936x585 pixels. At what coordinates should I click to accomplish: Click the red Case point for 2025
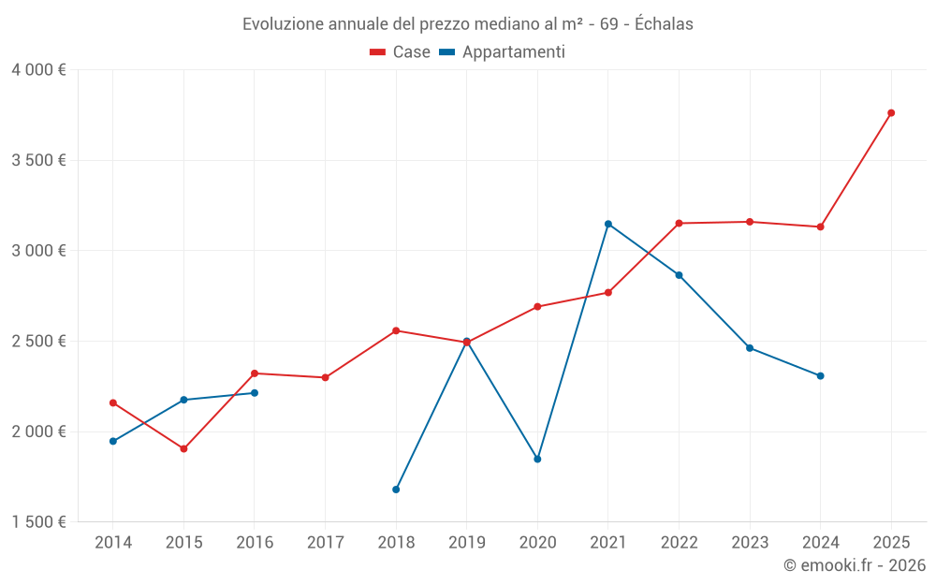coord(891,113)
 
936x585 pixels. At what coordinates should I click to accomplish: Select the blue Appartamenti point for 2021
coord(608,224)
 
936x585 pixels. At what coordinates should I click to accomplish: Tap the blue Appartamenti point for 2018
coord(396,490)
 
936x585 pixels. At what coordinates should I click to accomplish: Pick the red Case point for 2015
coord(183,449)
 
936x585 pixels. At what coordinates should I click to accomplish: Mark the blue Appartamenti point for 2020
coord(537,460)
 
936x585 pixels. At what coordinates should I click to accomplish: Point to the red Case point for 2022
coord(679,224)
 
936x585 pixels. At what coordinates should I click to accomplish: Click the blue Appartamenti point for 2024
coord(821,376)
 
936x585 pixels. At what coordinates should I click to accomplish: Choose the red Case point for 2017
coord(325,378)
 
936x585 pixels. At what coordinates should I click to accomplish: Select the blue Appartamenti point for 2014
coord(113,441)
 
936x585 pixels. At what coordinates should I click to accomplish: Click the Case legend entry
coord(401,52)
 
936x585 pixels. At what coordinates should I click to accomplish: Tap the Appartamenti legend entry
coord(503,52)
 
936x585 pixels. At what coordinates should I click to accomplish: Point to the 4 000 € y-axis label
coord(38,70)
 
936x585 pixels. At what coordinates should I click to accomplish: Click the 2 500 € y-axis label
coord(38,342)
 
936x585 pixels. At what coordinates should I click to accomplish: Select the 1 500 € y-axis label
coord(38,522)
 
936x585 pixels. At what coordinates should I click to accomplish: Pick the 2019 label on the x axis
coord(466,542)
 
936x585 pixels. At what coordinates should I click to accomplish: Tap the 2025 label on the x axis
coord(891,542)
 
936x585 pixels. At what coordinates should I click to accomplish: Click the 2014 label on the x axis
coord(113,542)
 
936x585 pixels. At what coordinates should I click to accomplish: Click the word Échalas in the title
coord(664,24)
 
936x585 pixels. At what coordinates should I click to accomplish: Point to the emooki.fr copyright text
coord(855,565)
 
